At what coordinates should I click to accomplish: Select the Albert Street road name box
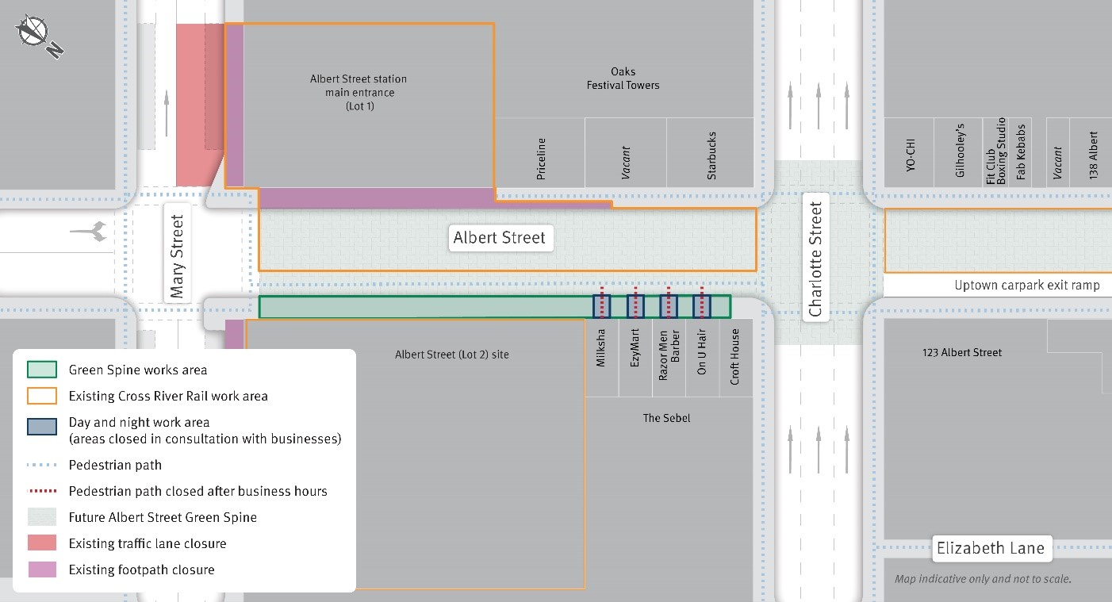(x=500, y=237)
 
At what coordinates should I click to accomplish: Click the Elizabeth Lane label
(x=990, y=548)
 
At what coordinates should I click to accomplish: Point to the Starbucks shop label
(x=711, y=155)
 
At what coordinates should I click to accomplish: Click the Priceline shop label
(x=542, y=159)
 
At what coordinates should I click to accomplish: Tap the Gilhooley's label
(x=960, y=155)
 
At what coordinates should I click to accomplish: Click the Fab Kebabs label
(x=1022, y=151)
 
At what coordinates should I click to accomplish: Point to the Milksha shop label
(x=601, y=348)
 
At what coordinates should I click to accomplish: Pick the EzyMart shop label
(x=635, y=348)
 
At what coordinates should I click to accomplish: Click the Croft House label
(x=735, y=357)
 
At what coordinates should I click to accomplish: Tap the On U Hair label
(x=702, y=352)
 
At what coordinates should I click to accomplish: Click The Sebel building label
(x=666, y=418)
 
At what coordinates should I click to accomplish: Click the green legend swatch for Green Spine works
(x=42, y=370)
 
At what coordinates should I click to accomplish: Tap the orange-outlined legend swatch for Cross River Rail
(x=42, y=396)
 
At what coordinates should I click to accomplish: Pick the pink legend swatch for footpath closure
(x=42, y=569)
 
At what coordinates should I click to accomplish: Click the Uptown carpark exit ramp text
(x=1026, y=286)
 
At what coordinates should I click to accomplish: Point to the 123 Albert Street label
(x=961, y=352)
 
